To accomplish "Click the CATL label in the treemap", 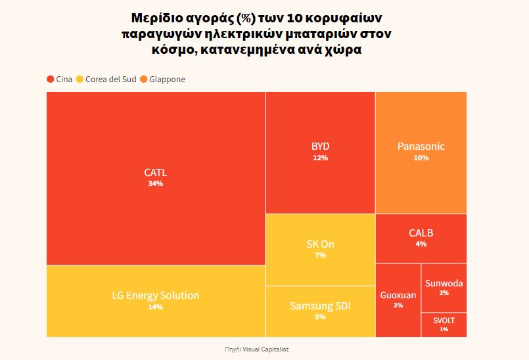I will (x=156, y=173).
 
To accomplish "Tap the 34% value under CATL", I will (x=156, y=184).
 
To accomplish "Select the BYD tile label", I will (x=320, y=146).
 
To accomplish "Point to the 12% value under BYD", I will (x=320, y=158).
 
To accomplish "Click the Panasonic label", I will (x=421, y=146).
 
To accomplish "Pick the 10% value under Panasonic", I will (x=421, y=158).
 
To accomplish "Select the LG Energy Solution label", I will (x=156, y=295).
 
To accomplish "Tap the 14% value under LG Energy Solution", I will (x=156, y=307).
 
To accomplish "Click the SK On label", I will (x=320, y=244).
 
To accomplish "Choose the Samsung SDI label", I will (x=320, y=305).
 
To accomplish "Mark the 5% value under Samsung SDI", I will (x=320, y=317).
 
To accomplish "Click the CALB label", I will (x=421, y=233).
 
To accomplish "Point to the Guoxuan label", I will (x=398, y=295).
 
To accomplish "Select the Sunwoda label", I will (x=444, y=283).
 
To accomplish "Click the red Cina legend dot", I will (x=51, y=79).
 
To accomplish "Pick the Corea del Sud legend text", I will (x=110, y=79).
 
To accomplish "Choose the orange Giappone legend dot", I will (x=144, y=79).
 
